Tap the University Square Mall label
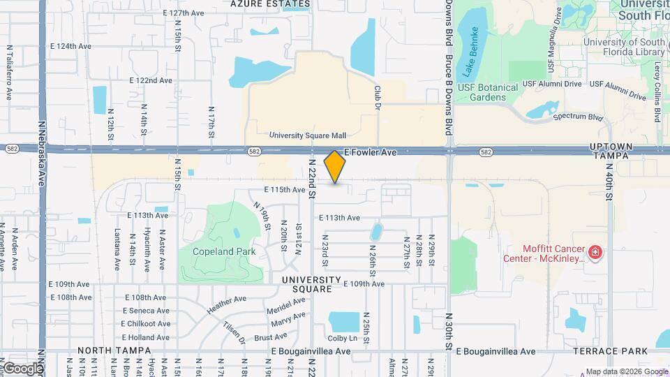(x=308, y=135)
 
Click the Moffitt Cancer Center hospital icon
(x=595, y=252)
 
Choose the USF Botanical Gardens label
(x=489, y=92)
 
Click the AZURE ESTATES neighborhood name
(x=262, y=3)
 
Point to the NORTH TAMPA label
(x=114, y=350)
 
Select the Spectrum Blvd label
(x=577, y=117)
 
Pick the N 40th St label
(x=609, y=184)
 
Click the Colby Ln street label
(x=343, y=339)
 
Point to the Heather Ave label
(x=227, y=304)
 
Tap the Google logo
(x=22, y=368)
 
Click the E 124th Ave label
(x=70, y=46)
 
